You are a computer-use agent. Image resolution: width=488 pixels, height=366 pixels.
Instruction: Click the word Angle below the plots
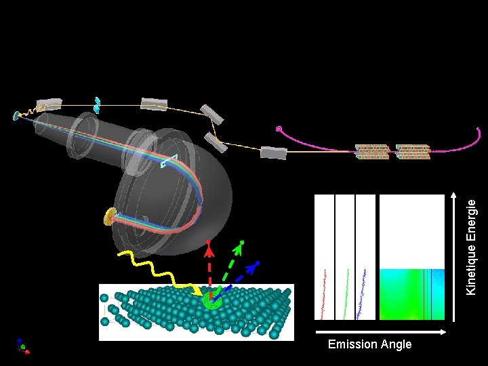pos(394,344)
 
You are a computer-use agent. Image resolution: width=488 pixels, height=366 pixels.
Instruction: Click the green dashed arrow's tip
pos(241,243)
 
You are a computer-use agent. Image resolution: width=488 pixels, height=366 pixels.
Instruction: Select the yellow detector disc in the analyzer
pos(110,217)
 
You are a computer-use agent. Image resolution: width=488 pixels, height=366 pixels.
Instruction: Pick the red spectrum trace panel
pos(325,257)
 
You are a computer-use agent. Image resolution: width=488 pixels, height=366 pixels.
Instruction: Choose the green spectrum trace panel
pos(345,257)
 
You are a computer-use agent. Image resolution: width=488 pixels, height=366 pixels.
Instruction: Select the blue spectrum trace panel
pos(365,257)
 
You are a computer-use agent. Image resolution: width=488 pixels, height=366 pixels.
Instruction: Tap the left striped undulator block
pos(372,152)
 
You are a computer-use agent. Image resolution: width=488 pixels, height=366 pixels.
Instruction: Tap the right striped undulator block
pos(413,152)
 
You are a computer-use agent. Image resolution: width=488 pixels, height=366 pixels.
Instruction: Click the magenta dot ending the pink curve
pos(279,129)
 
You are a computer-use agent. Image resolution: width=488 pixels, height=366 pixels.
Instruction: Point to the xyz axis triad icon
pos(22,346)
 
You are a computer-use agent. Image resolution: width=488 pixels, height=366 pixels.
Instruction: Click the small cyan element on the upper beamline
pos(98,104)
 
